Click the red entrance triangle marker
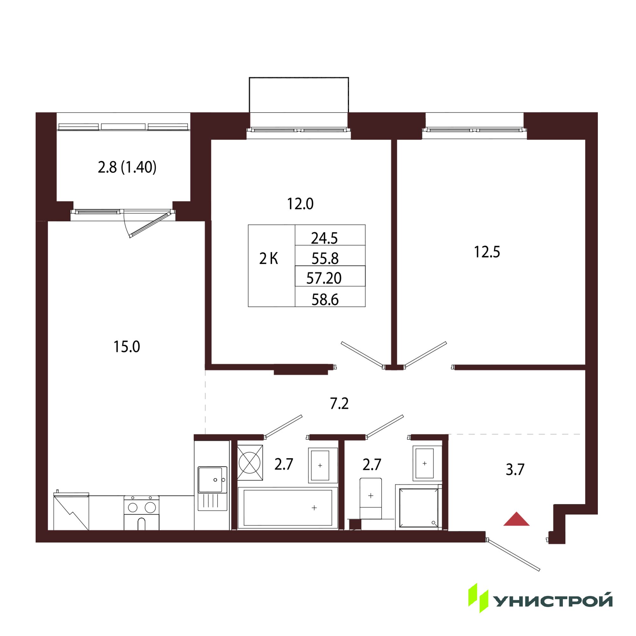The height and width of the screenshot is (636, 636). coord(516,519)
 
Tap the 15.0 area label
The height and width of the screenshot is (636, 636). coord(127,347)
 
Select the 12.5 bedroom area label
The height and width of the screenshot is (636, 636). coord(487,252)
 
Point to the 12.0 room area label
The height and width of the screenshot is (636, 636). coord(300,204)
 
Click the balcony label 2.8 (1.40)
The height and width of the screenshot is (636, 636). coord(127,167)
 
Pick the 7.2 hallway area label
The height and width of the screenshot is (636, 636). coord(339,404)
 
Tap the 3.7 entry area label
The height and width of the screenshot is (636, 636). coord(515,469)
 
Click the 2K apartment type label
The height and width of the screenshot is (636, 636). coord(269,259)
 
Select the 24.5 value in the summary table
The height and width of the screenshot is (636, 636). coord(324,238)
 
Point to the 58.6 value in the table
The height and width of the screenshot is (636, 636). coord(325,300)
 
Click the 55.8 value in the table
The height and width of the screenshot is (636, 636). coord(325,259)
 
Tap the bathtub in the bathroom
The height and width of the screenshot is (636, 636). coord(288,508)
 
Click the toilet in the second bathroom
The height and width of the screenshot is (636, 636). coord(371,498)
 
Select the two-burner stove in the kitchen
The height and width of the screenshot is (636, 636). coord(142,513)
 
